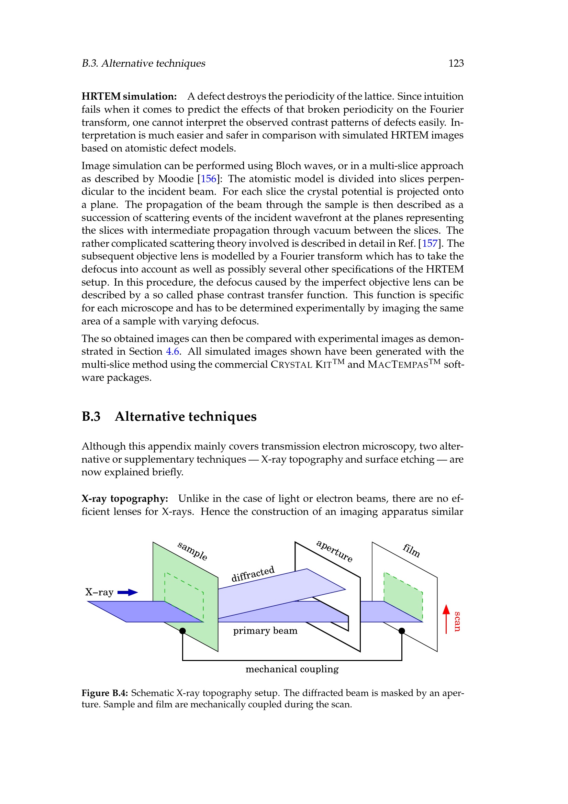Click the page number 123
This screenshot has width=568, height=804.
click(456, 63)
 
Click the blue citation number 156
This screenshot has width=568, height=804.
click(208, 179)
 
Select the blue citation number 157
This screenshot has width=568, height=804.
click(430, 243)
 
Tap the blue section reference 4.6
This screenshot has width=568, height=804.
click(172, 352)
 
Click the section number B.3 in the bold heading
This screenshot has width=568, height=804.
click(91, 417)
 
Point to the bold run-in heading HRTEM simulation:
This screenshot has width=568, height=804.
click(129, 96)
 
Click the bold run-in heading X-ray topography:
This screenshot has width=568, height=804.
click(125, 499)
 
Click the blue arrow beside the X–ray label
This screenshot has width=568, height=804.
click(128, 593)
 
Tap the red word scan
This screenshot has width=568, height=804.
click(457, 621)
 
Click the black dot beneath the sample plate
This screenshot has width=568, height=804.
click(182, 631)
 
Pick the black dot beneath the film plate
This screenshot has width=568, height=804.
click(402, 631)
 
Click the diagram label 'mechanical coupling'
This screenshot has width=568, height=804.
click(292, 669)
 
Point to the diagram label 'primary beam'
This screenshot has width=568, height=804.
click(265, 631)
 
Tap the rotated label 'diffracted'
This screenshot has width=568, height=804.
click(253, 574)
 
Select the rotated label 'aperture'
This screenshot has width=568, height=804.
click(334, 551)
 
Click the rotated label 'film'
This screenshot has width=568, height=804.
click(411, 550)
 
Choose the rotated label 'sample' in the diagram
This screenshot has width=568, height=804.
click(192, 551)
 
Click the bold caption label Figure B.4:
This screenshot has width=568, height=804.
click(105, 693)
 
